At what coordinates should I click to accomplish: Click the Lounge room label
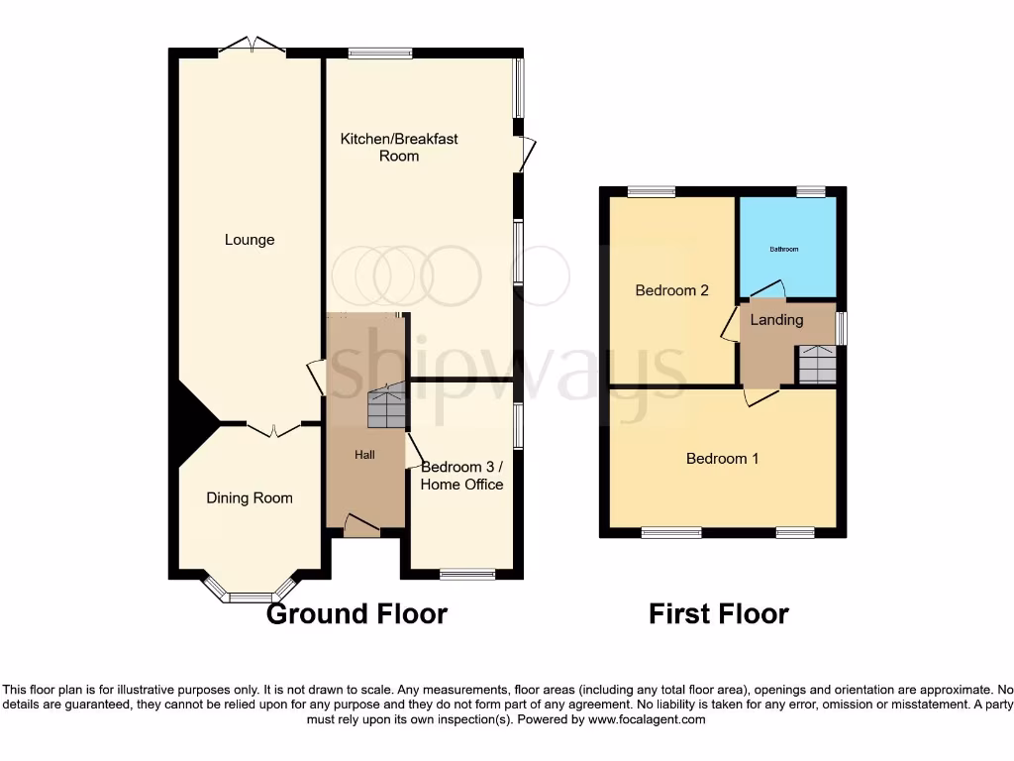coord(250,240)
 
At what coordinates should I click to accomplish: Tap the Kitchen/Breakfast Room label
coord(399,147)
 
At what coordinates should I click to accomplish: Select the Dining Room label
coord(250,498)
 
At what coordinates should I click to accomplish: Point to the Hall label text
coord(366,454)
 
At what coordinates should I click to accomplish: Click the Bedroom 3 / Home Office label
coord(462,476)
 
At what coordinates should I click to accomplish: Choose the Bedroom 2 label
coord(671,290)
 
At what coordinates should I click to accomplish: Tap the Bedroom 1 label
coord(723,459)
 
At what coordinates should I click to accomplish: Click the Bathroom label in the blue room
coord(785,249)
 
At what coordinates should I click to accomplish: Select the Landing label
coord(776,320)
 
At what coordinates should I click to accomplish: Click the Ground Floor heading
coord(356,614)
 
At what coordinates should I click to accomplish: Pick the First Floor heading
coord(718,614)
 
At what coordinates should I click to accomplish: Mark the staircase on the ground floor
coord(386,407)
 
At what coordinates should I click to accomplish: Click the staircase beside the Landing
coord(817,365)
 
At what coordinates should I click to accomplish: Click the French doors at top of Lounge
coord(252,46)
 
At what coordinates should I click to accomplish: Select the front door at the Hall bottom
coord(361,527)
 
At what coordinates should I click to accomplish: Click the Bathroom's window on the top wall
coord(812,191)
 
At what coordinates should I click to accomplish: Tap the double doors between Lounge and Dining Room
coord(274,429)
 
